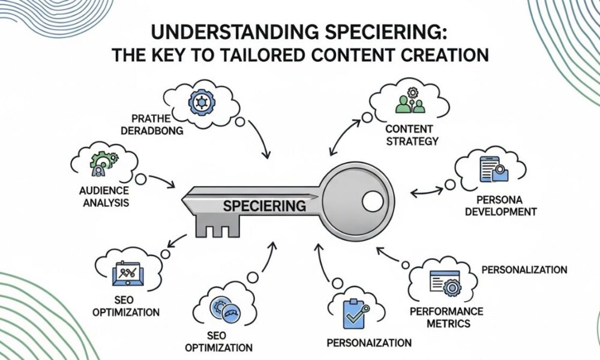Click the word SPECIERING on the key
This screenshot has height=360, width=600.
click(264, 206)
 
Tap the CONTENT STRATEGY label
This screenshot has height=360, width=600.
click(412, 134)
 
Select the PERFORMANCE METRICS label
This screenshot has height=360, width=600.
click(445, 317)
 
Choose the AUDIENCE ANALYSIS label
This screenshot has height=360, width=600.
click(103, 197)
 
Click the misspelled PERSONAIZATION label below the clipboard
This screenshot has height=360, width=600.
click(369, 343)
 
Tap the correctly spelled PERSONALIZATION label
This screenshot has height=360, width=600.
click(524, 270)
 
